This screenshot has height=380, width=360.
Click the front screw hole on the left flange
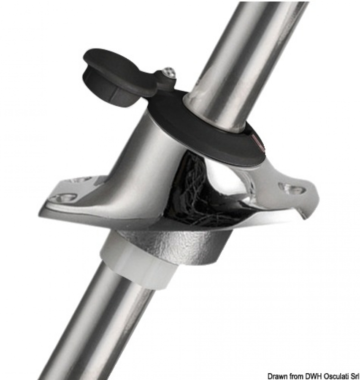point(63,198)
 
